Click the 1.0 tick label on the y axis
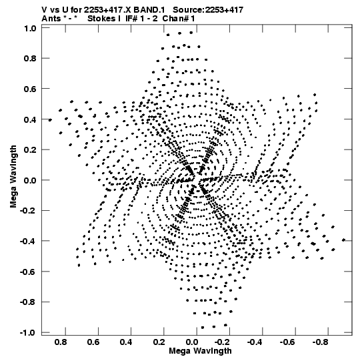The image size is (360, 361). click(x=30, y=28)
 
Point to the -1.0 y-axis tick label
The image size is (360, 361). click(x=28, y=333)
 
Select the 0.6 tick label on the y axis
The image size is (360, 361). click(x=30, y=89)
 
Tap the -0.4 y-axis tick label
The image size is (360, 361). click(x=28, y=242)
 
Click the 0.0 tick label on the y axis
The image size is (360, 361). click(x=30, y=180)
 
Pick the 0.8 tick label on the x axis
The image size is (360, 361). click(x=61, y=342)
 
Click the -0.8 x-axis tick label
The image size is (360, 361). click(x=321, y=342)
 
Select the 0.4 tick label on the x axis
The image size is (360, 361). click(x=126, y=342)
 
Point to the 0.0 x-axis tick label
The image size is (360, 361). click(x=192, y=342)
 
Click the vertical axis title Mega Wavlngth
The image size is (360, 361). click(x=13, y=177)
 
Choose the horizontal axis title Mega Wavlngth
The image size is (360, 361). click(x=200, y=351)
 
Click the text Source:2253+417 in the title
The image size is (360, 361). click(x=208, y=10)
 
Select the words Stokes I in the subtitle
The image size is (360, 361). click(x=104, y=19)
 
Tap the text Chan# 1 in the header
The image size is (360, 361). click(x=179, y=19)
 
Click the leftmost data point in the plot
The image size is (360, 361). click(x=50, y=119)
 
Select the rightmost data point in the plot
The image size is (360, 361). click(x=344, y=240)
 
